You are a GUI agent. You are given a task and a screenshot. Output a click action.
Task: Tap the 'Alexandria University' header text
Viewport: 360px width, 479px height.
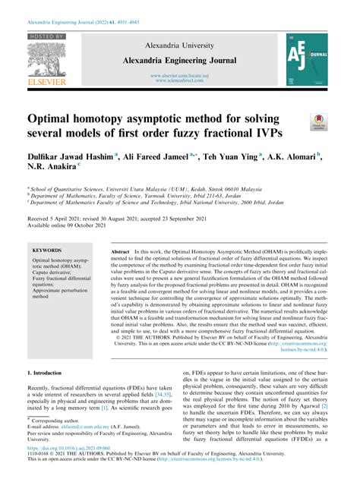coord(180,46)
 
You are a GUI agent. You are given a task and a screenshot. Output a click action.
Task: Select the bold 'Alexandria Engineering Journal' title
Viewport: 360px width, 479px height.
coord(180,61)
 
